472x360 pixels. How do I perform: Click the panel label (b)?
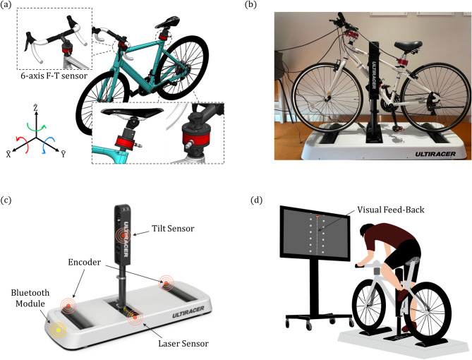tap(250, 6)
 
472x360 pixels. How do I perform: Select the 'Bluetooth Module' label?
tap(26, 296)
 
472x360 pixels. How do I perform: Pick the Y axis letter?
tap(63, 152)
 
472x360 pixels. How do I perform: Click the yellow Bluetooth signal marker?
tap(56, 328)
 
